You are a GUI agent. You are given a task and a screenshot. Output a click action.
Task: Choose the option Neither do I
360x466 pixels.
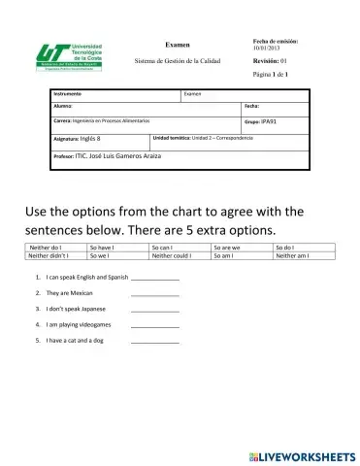click(46, 249)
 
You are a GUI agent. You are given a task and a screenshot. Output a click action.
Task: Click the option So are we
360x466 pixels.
click(227, 249)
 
